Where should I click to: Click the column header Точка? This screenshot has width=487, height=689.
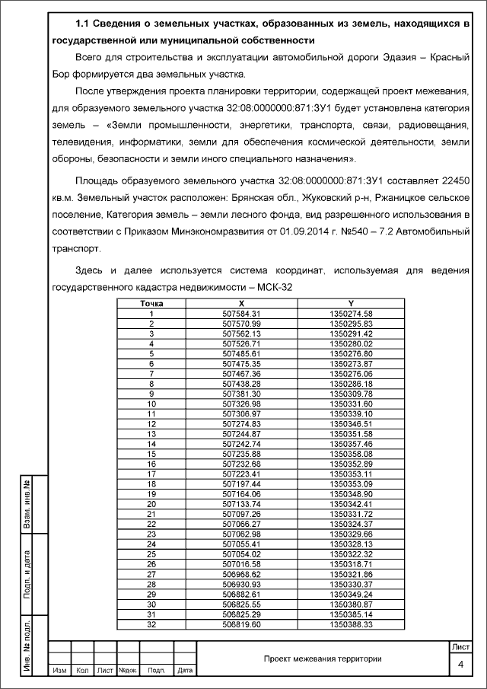coord(151,303)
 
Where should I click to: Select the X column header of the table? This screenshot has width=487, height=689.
coord(241,303)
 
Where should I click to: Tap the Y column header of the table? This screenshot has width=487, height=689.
coord(351,303)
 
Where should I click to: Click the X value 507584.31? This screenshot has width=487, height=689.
coord(241,314)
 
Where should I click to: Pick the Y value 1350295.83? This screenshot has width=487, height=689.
coord(351,324)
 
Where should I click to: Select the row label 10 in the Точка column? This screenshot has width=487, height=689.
coord(151,404)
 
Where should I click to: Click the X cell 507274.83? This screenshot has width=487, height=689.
coord(241,423)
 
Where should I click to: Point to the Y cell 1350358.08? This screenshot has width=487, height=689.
coord(351,453)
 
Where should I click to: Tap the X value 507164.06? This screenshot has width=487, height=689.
coord(241,493)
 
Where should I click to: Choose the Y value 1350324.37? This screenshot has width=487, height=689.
coord(351,524)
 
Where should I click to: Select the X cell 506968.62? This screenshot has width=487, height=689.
coord(241,573)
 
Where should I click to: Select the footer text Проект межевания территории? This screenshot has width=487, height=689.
coord(323,659)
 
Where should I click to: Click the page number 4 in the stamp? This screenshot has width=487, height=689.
coord(460,665)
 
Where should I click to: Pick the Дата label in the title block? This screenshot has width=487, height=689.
coord(184,671)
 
